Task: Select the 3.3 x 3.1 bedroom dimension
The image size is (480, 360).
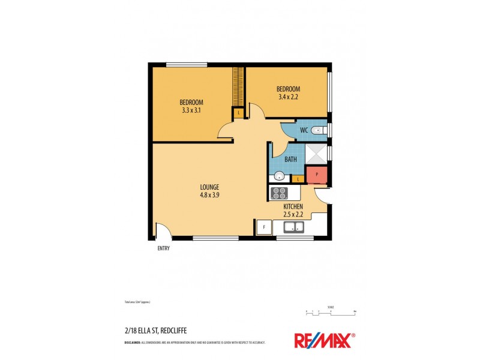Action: click(x=192, y=110)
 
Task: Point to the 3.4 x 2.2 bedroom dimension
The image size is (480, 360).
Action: click(x=289, y=97)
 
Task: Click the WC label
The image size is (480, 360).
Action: click(x=304, y=130)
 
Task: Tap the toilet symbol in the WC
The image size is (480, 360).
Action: click(x=321, y=130)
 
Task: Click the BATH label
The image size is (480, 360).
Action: click(x=290, y=160)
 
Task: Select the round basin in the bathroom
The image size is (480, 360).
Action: click(x=279, y=176)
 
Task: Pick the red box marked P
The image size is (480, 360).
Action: click(x=316, y=175)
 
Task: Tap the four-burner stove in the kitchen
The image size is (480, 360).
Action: click(x=280, y=193)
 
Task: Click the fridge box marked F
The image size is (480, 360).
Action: click(x=263, y=227)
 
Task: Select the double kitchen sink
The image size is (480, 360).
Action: click(x=294, y=227)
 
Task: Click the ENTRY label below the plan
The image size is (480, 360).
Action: click(x=163, y=248)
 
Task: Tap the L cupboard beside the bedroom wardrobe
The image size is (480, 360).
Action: click(x=238, y=112)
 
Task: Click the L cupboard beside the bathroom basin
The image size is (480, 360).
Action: click(x=298, y=179)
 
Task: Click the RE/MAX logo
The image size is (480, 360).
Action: click(x=323, y=340)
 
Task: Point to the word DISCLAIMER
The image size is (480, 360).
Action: click(x=133, y=342)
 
